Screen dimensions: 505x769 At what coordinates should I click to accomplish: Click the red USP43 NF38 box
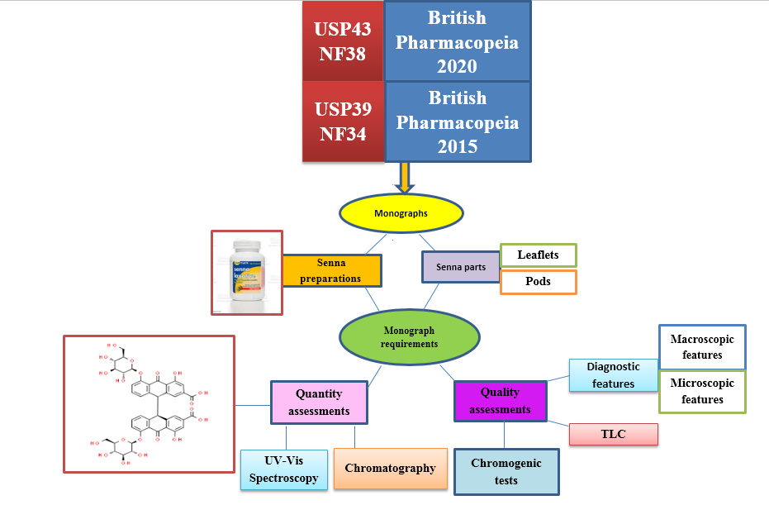coord(343,41)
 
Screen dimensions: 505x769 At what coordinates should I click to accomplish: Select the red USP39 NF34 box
coord(343,121)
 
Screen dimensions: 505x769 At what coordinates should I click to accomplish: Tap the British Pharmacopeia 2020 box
coord(457,41)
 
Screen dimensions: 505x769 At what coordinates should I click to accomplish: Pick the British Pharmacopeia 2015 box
coord(457,121)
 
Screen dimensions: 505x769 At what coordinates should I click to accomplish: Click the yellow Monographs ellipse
coord(401,213)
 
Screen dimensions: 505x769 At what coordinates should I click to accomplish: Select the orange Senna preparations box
coord(331,270)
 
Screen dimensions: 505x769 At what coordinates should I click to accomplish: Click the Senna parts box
coord(461,267)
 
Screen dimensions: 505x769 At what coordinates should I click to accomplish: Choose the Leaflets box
coord(538,255)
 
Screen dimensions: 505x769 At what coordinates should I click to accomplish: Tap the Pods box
coord(538,282)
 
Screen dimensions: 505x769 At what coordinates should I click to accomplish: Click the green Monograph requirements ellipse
coord(409,337)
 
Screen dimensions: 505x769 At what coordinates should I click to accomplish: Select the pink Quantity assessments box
coord(320,402)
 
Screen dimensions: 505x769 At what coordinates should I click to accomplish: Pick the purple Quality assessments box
coord(500,401)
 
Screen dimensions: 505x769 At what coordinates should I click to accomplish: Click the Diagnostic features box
coord(612,374)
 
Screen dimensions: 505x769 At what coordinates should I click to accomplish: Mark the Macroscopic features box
coord(702,346)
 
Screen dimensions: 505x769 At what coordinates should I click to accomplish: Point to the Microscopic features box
coord(702,391)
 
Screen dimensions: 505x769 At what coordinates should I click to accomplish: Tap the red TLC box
coord(613,435)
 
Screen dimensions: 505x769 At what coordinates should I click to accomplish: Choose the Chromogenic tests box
coord(506,472)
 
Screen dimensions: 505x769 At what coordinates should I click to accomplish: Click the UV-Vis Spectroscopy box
coord(283,469)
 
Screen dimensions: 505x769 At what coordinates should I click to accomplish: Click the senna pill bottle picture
coord(246,273)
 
